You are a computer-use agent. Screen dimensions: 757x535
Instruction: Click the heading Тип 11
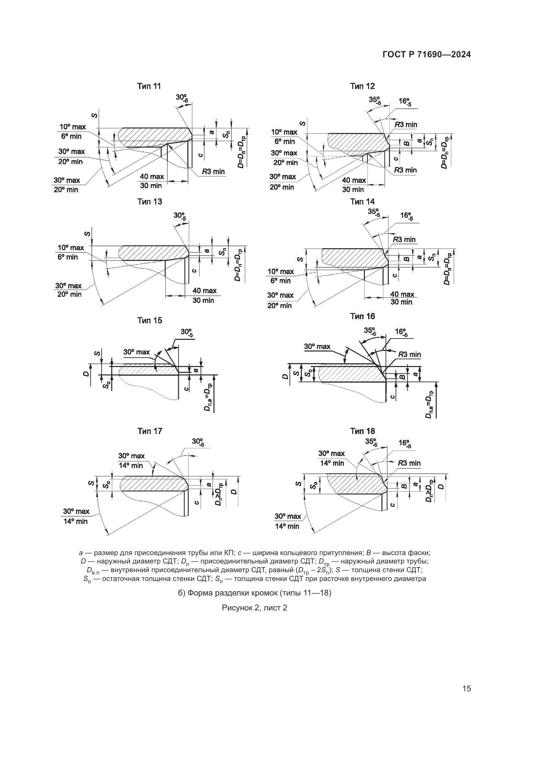click(x=149, y=86)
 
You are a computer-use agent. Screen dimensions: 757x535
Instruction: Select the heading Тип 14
click(x=362, y=201)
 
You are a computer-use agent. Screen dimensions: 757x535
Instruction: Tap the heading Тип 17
click(x=150, y=431)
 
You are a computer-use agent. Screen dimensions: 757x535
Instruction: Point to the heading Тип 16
click(x=362, y=316)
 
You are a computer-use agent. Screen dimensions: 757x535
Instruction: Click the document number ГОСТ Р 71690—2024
click(x=427, y=55)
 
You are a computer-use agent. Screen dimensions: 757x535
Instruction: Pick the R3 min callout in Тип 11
click(x=213, y=172)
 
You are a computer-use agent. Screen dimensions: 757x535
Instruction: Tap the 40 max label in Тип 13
click(x=204, y=290)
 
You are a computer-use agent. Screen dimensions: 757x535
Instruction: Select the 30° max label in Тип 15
click(x=136, y=352)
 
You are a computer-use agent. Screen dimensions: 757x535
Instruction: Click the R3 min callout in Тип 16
click(x=409, y=354)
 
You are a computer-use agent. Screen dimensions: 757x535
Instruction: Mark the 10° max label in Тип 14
click(x=281, y=271)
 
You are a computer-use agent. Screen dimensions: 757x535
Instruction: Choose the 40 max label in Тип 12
click(x=354, y=180)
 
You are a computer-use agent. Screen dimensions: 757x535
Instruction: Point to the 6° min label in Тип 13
click(x=68, y=257)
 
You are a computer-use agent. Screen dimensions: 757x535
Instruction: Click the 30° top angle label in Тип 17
click(x=198, y=442)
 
